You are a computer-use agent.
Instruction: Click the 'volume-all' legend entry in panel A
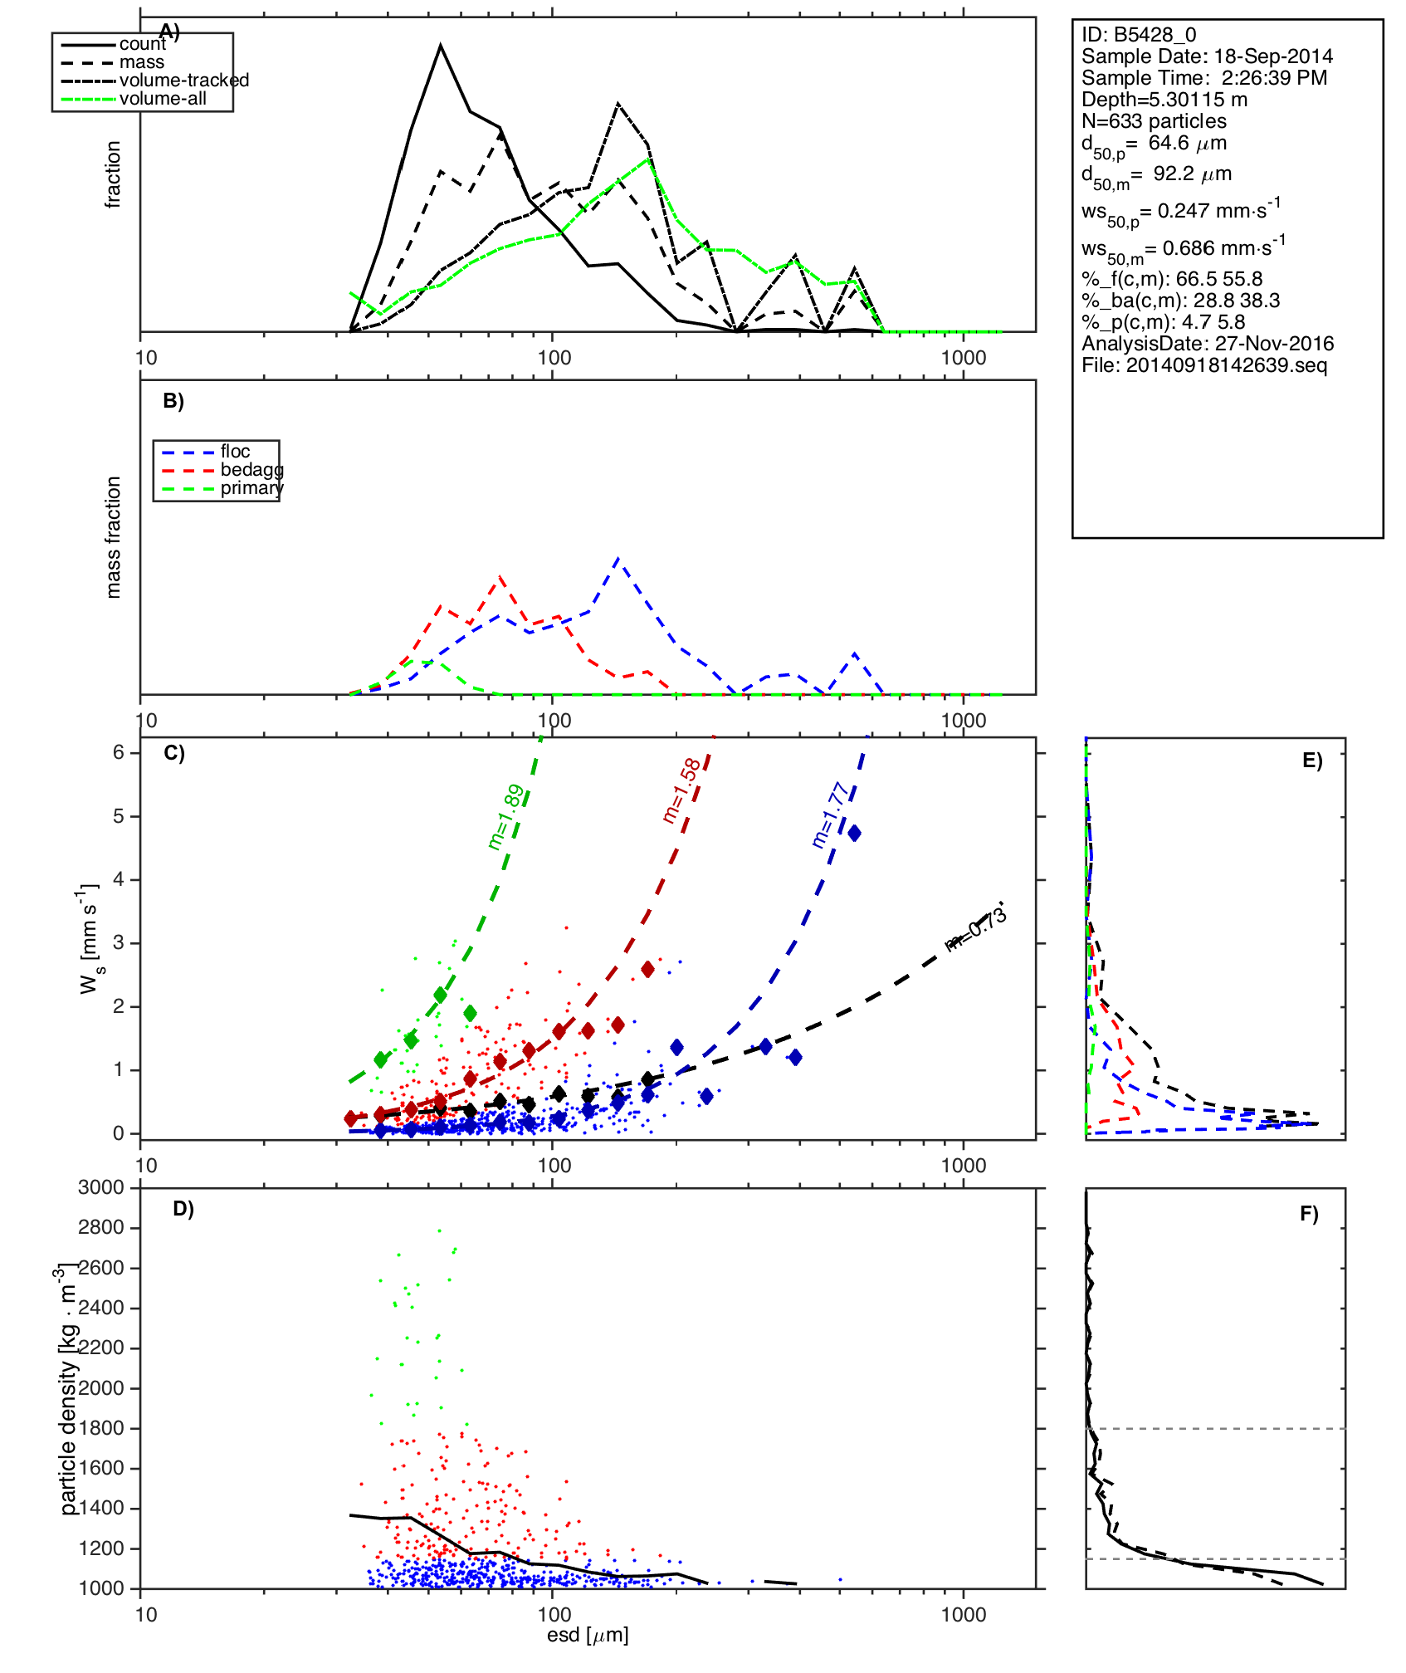[x=163, y=99]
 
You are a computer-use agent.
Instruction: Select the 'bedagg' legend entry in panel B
[x=251, y=470]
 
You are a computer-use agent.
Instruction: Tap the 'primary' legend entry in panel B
[x=251, y=488]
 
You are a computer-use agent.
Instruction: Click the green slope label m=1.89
[x=505, y=817]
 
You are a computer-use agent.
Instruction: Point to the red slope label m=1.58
[x=681, y=791]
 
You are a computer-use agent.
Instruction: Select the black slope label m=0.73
[x=976, y=929]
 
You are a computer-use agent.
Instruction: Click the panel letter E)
[x=1312, y=761]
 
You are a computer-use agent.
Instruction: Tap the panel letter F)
[x=1309, y=1214]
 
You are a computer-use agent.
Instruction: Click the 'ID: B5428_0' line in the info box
[x=1139, y=35]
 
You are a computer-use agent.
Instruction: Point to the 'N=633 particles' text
[x=1154, y=121]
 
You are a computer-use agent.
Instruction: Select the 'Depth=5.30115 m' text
[x=1164, y=100]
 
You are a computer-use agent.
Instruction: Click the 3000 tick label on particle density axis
[x=101, y=1187]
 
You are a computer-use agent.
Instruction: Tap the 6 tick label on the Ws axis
[x=119, y=752]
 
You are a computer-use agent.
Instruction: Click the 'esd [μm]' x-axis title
[x=588, y=1635]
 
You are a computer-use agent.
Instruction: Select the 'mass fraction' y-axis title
[x=114, y=537]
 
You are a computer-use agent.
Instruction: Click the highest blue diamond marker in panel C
[x=853, y=833]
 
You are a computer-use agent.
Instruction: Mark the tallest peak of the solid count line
[x=441, y=46]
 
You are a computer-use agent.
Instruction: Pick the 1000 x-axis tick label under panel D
[x=964, y=1615]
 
